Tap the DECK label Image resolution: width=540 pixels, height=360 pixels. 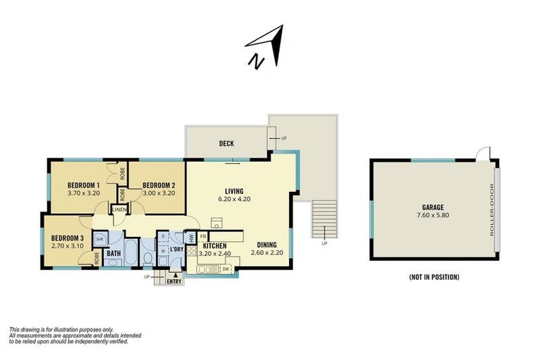[226, 143]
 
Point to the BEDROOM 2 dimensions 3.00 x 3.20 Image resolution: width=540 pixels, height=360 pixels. [157, 193]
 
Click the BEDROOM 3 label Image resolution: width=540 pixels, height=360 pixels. [67, 238]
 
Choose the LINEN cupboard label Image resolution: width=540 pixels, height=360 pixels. [119, 210]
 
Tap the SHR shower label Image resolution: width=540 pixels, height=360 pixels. [99, 239]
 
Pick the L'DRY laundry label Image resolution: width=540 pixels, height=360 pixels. [177, 249]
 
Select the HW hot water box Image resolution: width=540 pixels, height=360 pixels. [191, 238]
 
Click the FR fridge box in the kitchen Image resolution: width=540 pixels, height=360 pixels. [202, 237]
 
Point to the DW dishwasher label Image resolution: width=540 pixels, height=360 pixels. [226, 268]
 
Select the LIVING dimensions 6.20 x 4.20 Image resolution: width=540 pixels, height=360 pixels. [233, 199]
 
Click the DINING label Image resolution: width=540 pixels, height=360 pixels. [266, 245]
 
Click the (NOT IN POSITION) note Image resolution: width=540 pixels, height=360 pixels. [434, 277]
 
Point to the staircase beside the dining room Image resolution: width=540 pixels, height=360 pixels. [324, 219]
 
